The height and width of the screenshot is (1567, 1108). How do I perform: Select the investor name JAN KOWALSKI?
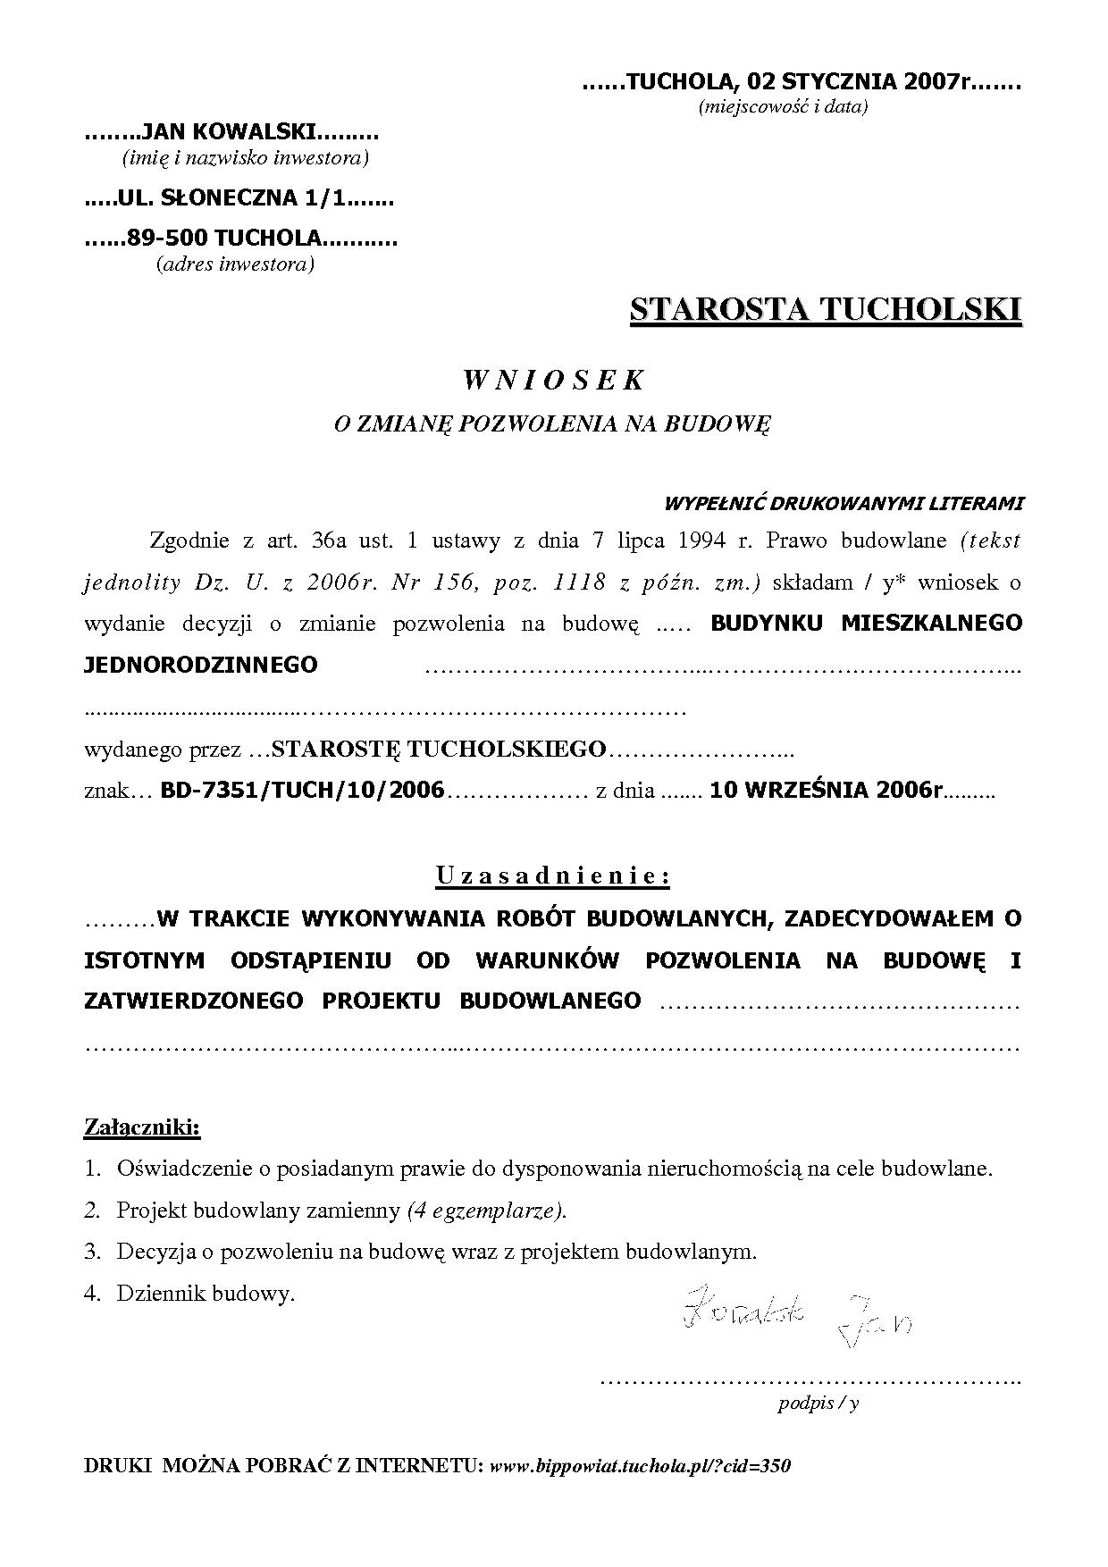(229, 133)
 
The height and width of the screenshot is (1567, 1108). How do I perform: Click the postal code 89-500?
(168, 239)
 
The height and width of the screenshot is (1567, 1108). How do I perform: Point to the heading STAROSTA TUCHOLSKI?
(825, 309)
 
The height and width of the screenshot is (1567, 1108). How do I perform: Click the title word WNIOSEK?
(553, 380)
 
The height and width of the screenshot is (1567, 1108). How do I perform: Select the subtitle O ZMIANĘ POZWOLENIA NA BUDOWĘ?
(552, 424)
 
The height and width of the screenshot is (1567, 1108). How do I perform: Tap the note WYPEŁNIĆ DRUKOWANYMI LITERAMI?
(843, 503)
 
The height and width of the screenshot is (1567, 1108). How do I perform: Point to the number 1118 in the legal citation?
(583, 582)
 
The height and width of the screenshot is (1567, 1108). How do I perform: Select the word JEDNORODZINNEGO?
(200, 666)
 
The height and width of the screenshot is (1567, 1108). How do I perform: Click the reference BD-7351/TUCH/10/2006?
(302, 791)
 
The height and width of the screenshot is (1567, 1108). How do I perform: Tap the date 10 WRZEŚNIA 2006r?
(827, 791)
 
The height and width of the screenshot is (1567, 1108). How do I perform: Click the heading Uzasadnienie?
(553, 876)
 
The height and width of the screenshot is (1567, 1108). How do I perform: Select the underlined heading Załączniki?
(142, 1127)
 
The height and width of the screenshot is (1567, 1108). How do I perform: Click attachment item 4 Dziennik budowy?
(205, 1293)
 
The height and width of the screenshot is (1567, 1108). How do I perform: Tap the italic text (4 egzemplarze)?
(486, 1211)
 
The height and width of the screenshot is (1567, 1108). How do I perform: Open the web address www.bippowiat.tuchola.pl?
(640, 1466)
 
